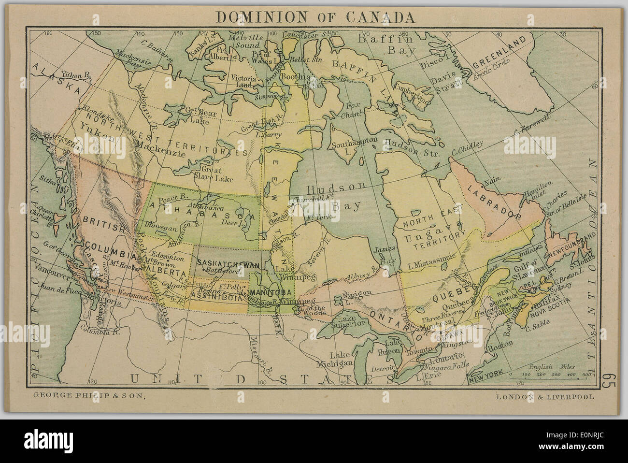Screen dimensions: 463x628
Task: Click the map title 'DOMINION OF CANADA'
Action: click(314, 17)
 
